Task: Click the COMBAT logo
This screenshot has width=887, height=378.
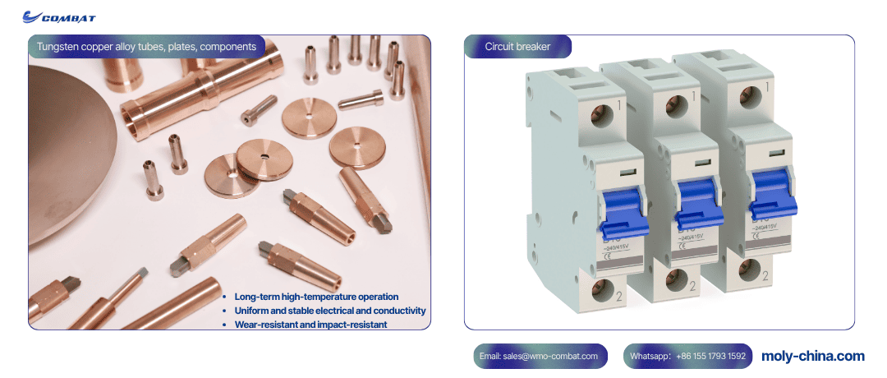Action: [59, 16]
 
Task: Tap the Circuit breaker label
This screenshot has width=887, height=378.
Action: [517, 47]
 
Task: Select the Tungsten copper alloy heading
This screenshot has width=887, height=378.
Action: [146, 47]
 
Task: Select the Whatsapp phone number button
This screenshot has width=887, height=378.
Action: [687, 356]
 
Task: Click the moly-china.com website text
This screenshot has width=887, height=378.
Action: [812, 356]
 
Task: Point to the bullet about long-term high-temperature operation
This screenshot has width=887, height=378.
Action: [316, 297]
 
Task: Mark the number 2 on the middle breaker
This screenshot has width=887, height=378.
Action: [693, 286]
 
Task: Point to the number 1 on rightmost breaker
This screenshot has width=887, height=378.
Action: [767, 86]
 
